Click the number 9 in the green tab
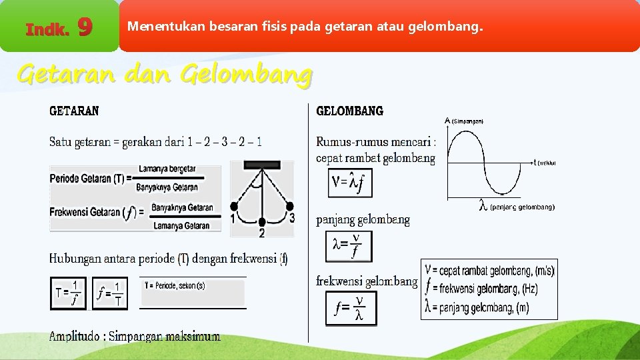[85, 27]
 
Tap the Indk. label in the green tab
[47, 29]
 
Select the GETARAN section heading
[74, 111]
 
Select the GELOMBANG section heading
[349, 111]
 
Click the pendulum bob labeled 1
[233, 206]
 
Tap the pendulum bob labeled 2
[262, 221]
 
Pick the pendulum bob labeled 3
[290, 206]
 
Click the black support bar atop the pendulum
[261, 165]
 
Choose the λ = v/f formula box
[349, 246]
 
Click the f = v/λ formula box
[350, 308]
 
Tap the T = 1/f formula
[69, 293]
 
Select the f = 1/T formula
[110, 293]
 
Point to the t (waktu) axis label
[545, 162]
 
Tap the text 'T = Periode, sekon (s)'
[175, 285]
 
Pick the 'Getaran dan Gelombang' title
[164, 74]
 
